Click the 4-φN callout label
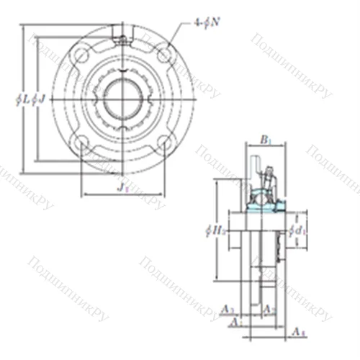point(206,23)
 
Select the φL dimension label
point(29,99)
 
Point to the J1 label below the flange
point(122,188)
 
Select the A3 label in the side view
point(228,310)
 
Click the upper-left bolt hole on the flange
point(81,56)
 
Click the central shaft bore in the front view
point(122,99)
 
